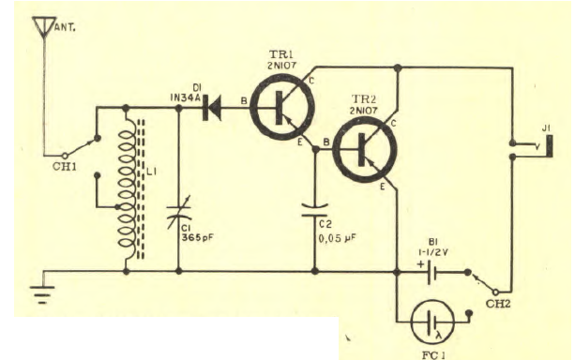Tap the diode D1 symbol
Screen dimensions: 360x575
point(212,109)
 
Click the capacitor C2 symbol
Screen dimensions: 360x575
point(315,213)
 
